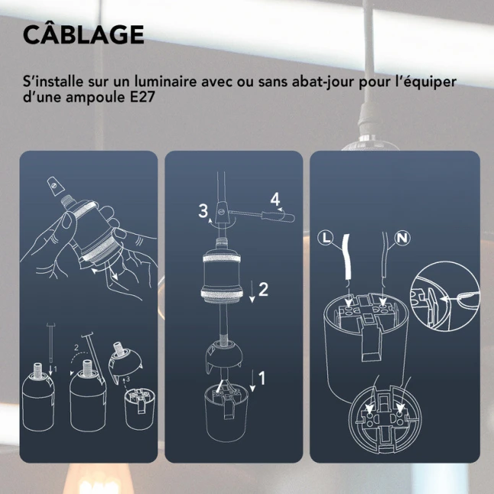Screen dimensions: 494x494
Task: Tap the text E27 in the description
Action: pos(142,96)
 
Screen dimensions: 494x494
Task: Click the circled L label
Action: pos(326,238)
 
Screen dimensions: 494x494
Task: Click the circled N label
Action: pos(402,238)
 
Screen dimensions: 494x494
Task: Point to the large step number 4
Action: pos(275,200)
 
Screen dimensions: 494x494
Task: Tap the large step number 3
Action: pos(203,210)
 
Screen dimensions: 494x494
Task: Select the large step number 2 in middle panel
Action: pos(263,289)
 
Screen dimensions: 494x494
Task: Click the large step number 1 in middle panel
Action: pos(262,378)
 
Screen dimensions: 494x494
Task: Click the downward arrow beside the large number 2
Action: pos(252,292)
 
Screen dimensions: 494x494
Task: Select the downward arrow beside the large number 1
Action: pos(252,382)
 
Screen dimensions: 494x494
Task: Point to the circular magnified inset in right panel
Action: pos(445,296)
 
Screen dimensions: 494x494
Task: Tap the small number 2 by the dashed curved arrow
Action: pos(76,348)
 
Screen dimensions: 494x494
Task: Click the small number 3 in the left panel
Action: pos(128,379)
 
